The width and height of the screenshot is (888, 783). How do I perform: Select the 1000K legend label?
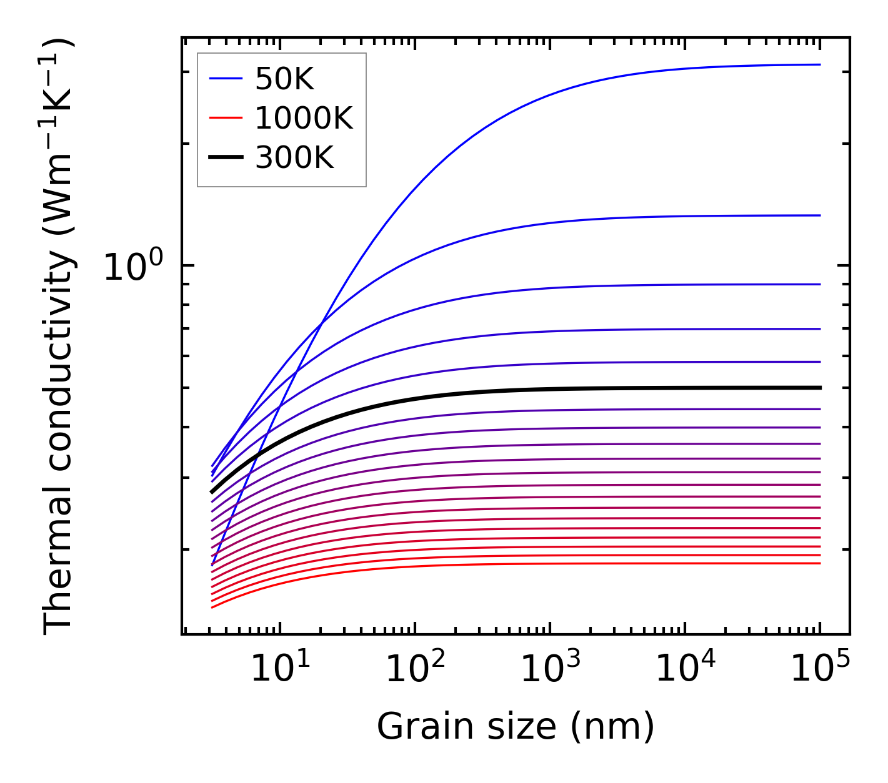(304, 118)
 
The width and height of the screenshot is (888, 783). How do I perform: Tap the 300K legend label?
(294, 158)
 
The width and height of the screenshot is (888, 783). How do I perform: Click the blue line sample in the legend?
(225, 79)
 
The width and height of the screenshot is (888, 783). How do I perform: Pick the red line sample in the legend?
(225, 118)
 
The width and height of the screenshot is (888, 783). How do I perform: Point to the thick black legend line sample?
(225, 158)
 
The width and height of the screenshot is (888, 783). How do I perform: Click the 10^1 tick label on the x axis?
(280, 670)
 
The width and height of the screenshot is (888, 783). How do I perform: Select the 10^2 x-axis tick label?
(415, 670)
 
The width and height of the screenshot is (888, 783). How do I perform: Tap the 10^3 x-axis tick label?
(550, 670)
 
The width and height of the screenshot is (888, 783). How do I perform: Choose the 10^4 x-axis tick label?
(685, 670)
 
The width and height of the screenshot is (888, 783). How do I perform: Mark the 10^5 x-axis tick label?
(820, 670)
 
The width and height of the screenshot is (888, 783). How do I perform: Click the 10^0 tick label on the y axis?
(132, 267)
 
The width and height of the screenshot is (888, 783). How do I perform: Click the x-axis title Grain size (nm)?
(516, 727)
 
